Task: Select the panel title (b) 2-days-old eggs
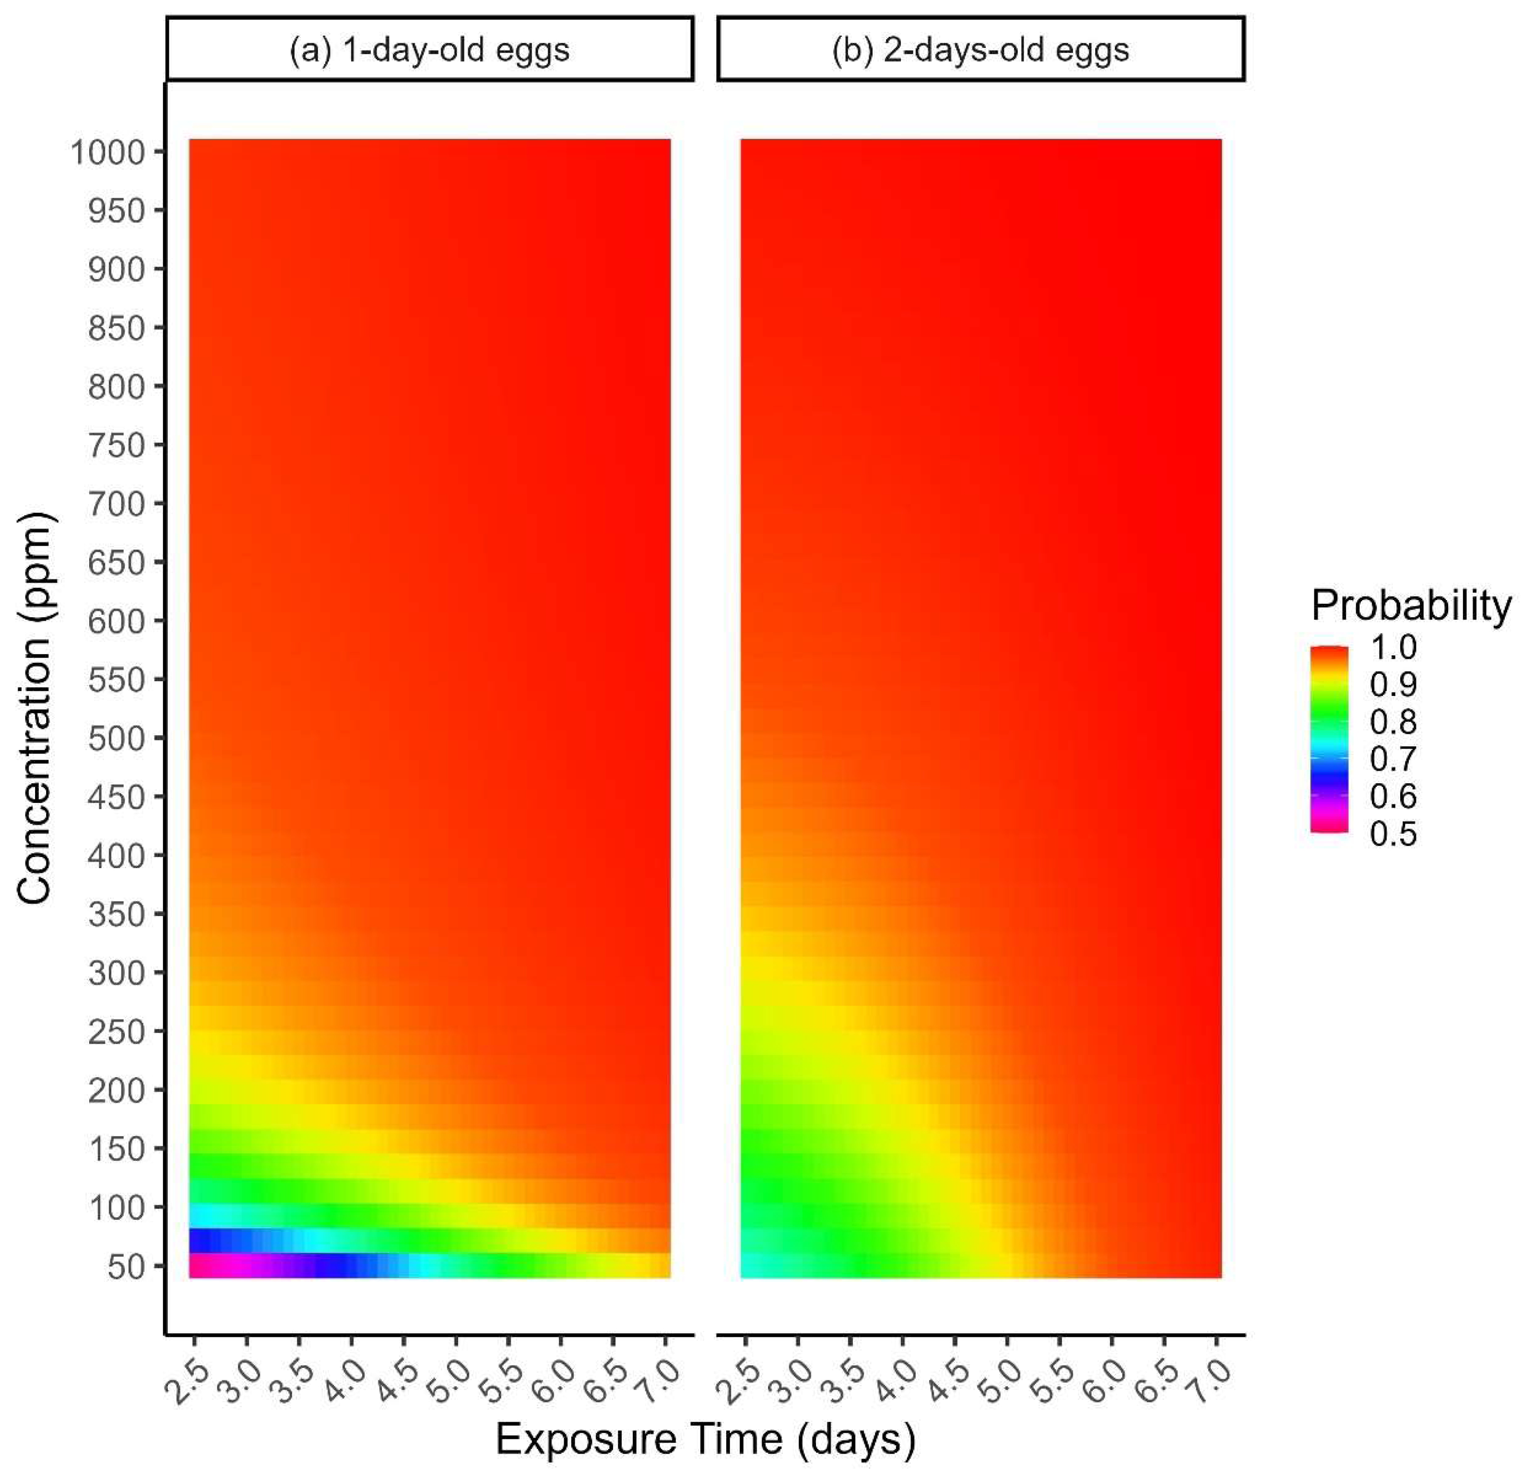pyautogui.click(x=980, y=50)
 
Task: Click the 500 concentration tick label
pyautogui.click(x=117, y=739)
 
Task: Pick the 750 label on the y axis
pyautogui.click(x=117, y=445)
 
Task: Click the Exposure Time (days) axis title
pyautogui.click(x=706, y=1439)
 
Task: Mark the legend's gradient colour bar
pyautogui.click(x=1329, y=740)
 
